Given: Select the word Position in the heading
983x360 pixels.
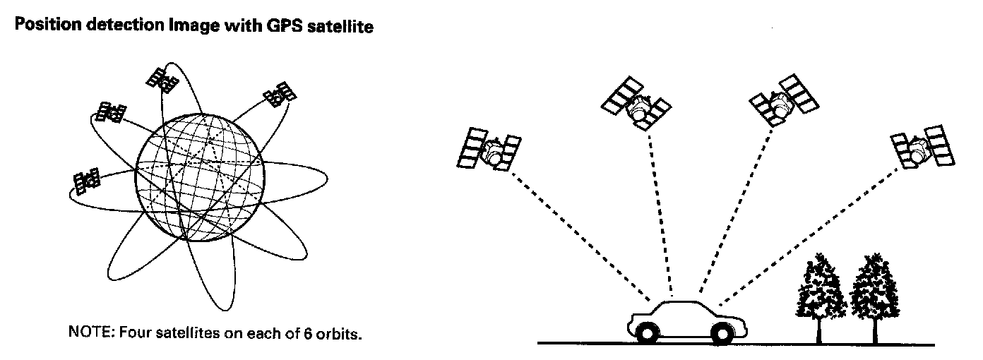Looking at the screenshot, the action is (44, 28).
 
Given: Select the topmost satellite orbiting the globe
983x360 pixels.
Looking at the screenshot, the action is (162, 80).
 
